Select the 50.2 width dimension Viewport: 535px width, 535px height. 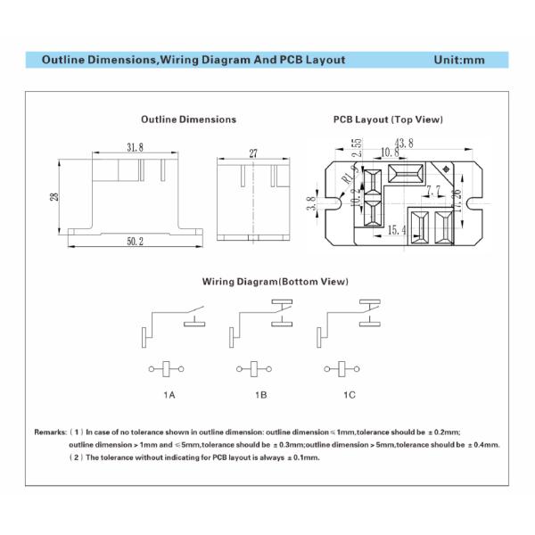coord(134,243)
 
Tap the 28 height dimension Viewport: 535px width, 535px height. coord(55,196)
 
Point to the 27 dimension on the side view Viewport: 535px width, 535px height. coord(253,153)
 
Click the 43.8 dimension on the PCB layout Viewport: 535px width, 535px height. coord(404,143)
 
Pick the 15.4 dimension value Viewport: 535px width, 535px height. coord(397,230)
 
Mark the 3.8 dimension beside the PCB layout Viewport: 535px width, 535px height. coord(311,204)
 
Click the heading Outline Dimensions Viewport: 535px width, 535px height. coord(188,119)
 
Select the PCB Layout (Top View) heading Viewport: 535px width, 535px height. coord(388,119)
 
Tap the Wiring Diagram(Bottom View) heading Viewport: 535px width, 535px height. coord(275,282)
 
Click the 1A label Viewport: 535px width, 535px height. coord(169,393)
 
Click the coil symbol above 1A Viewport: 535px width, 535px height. coord(167,367)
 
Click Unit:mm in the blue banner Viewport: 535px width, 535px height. coord(458,61)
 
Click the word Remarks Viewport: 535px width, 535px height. coord(50,432)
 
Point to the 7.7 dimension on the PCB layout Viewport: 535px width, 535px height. coord(433,190)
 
